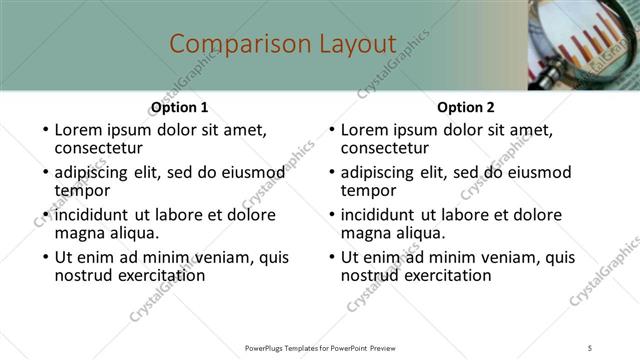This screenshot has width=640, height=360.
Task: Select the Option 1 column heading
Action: pos(179,107)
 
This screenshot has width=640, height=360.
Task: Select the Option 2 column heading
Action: pos(466,107)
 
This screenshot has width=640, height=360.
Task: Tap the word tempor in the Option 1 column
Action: pos(82,190)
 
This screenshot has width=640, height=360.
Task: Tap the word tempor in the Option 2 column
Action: pos(368,190)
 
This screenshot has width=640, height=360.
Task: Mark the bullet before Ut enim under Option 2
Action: pos(331,258)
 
